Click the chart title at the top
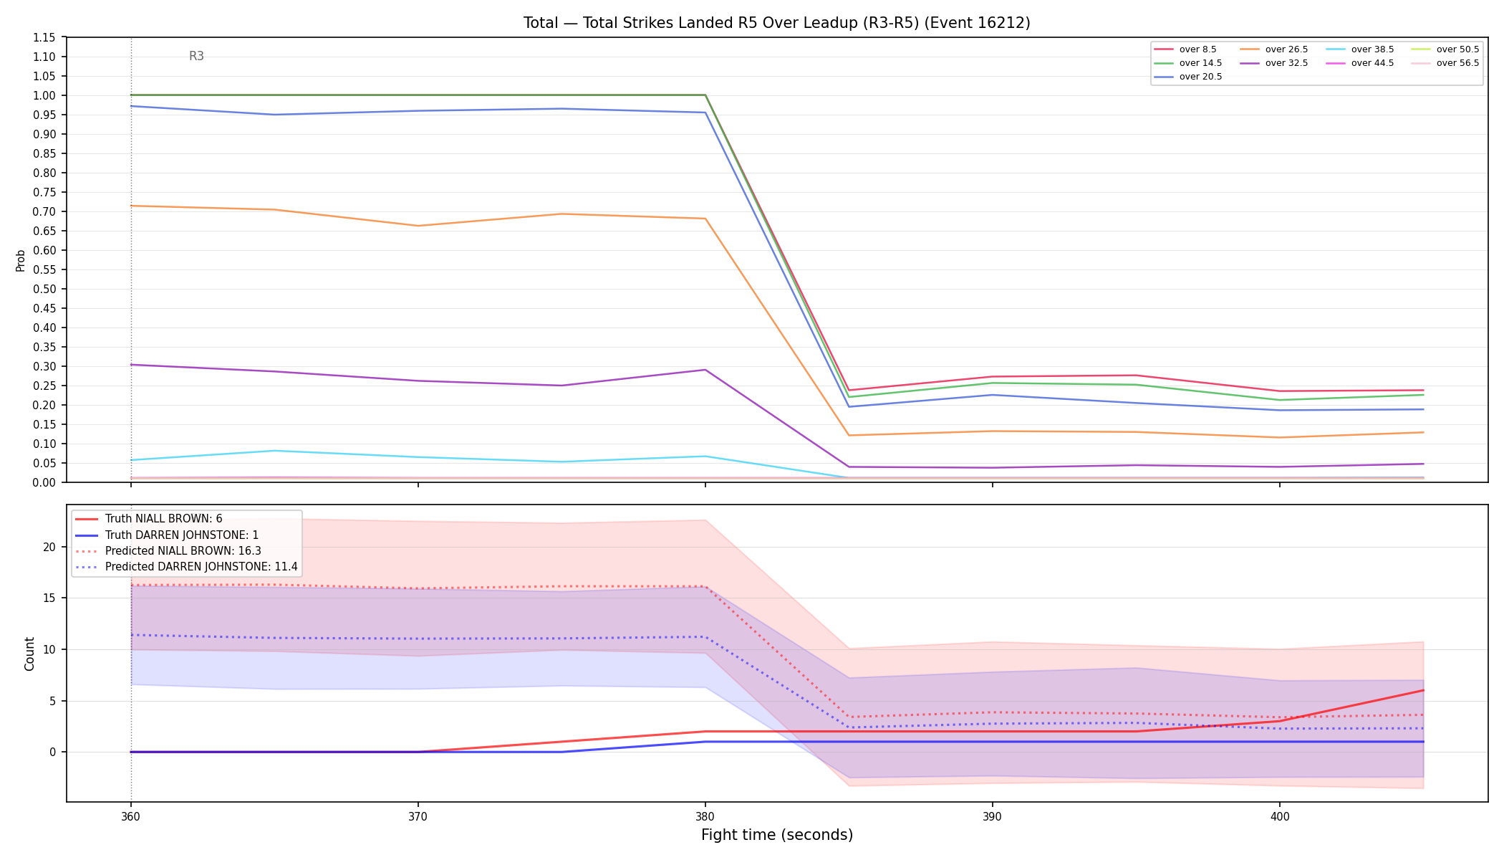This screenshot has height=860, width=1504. (776, 23)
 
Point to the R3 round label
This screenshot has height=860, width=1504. (196, 56)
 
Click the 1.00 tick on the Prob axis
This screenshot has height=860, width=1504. (44, 95)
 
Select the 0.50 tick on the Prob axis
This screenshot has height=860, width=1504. (44, 289)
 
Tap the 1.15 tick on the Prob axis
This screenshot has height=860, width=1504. (44, 37)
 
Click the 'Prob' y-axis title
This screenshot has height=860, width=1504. (20, 260)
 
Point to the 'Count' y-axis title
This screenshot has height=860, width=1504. (29, 654)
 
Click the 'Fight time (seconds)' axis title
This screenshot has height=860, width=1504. (777, 835)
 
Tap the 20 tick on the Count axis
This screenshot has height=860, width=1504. (50, 547)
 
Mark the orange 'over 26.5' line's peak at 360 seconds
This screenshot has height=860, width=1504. (131, 206)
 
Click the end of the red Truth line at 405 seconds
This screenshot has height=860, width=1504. (1423, 690)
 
